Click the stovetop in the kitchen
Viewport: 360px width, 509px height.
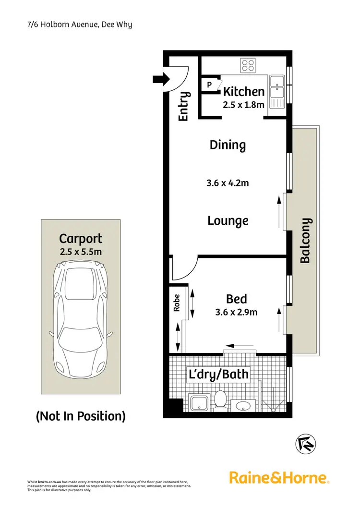(x=248, y=64)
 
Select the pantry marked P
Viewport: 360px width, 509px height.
(x=209, y=85)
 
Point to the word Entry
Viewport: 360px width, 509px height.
(x=183, y=107)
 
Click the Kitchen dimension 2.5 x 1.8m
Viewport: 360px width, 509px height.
(x=243, y=104)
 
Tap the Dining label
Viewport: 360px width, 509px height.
(x=228, y=145)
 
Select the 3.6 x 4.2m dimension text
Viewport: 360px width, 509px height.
(x=228, y=182)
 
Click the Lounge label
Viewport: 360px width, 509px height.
(x=228, y=221)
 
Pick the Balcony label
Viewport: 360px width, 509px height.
(x=306, y=241)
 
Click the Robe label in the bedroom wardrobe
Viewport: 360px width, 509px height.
(x=177, y=303)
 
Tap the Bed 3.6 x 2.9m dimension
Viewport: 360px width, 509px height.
(x=236, y=313)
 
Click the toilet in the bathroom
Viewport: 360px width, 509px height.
(x=220, y=400)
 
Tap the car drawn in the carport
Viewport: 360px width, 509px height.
(x=80, y=320)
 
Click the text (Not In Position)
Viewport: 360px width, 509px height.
(x=81, y=416)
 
